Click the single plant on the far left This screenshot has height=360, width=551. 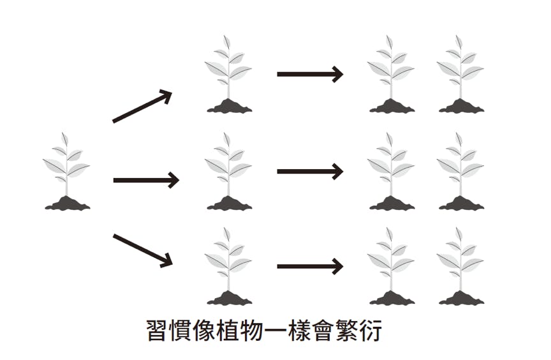point(66,169)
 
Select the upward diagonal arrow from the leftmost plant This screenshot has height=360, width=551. point(142,106)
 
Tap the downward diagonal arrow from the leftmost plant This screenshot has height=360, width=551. point(142,250)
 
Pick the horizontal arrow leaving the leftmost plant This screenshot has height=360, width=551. point(145,181)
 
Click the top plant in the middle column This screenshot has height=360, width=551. point(228,73)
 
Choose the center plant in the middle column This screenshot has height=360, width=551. point(228,170)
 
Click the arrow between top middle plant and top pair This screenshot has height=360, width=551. point(310,74)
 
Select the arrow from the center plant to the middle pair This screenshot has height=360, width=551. point(310,171)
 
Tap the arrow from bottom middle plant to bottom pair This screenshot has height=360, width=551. point(310,266)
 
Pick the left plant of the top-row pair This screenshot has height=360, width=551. point(391,73)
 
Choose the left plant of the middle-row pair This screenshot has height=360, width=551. point(391,170)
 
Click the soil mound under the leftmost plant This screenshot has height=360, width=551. point(67,204)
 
